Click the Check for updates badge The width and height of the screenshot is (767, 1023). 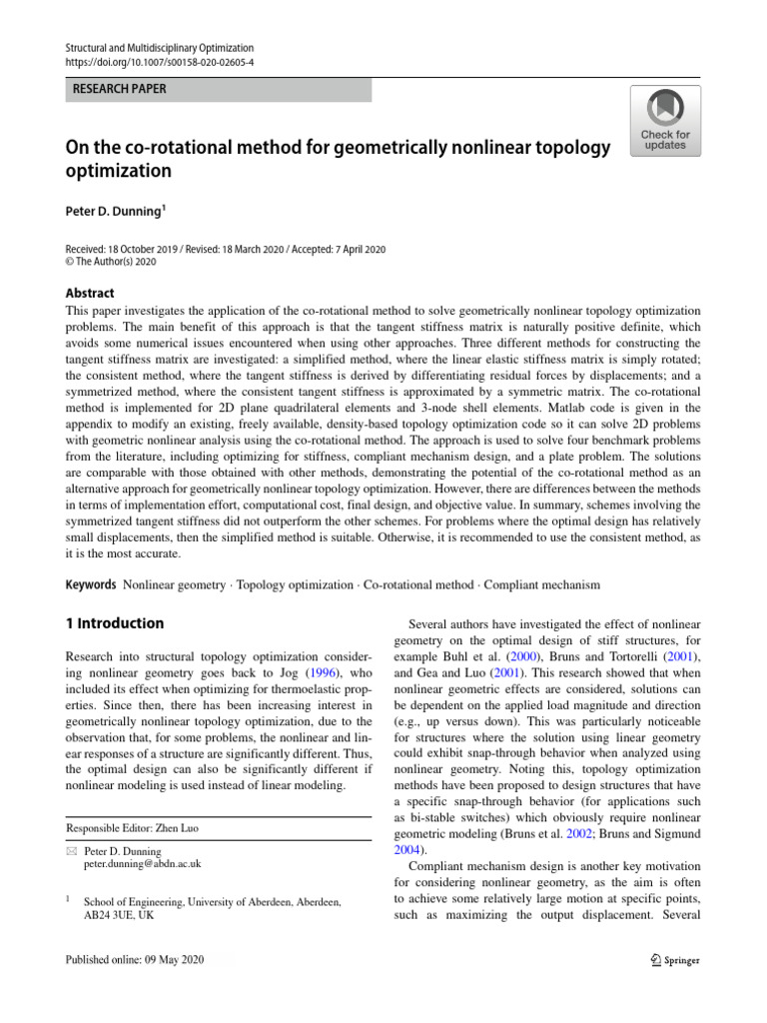(664, 121)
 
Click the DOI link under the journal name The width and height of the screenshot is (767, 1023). (160, 62)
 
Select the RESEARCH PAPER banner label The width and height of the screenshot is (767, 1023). (118, 89)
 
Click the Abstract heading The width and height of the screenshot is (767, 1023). (89, 293)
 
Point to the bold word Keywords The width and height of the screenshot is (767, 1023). (90, 583)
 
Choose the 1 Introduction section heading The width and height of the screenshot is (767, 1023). (114, 623)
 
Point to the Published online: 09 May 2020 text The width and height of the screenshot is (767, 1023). (135, 961)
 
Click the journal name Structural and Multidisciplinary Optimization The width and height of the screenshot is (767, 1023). (160, 47)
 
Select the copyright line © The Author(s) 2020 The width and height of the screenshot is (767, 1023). (110, 262)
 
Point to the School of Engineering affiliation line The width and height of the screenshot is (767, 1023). (213, 901)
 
